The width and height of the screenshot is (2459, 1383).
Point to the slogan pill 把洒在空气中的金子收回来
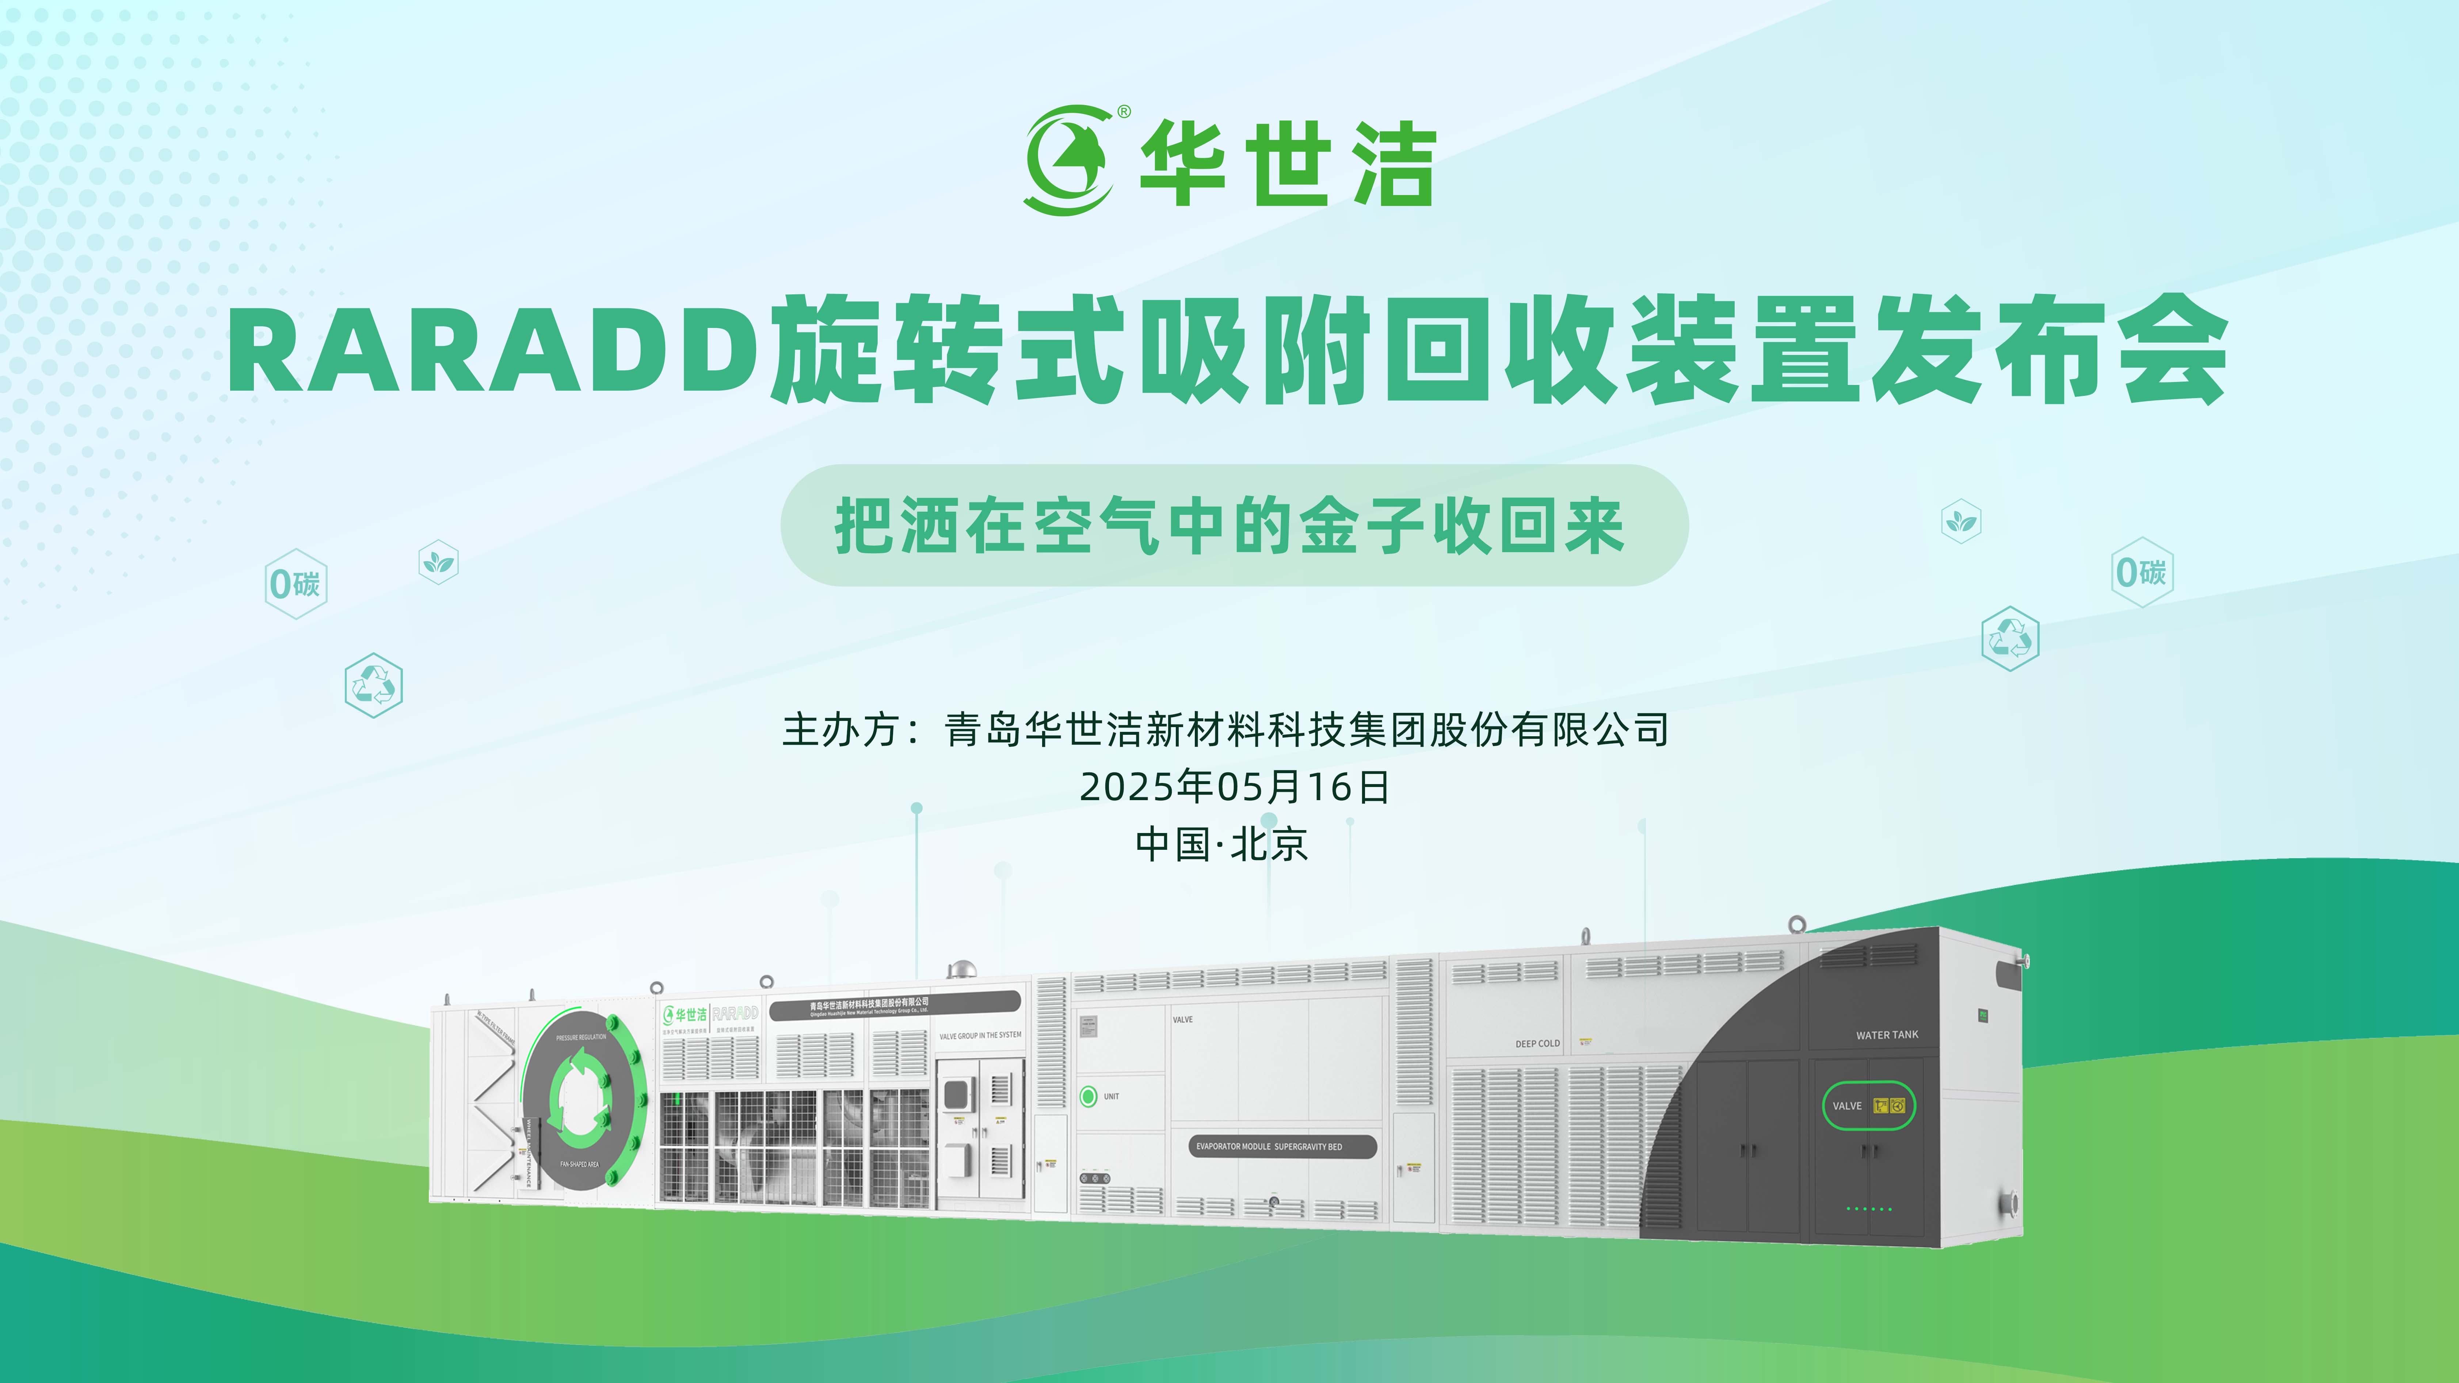pos(1233,526)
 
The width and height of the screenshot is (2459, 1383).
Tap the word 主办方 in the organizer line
pos(840,730)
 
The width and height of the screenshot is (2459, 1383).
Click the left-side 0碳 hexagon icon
pos(296,583)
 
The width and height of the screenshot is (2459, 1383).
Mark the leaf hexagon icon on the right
pos(1962,521)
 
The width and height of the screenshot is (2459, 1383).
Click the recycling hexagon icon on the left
pos(373,684)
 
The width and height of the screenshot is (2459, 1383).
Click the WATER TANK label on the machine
pos(1886,1035)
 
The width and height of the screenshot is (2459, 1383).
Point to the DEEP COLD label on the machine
pos(1537,1043)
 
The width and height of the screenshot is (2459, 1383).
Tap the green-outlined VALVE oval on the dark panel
pos(1868,1105)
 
